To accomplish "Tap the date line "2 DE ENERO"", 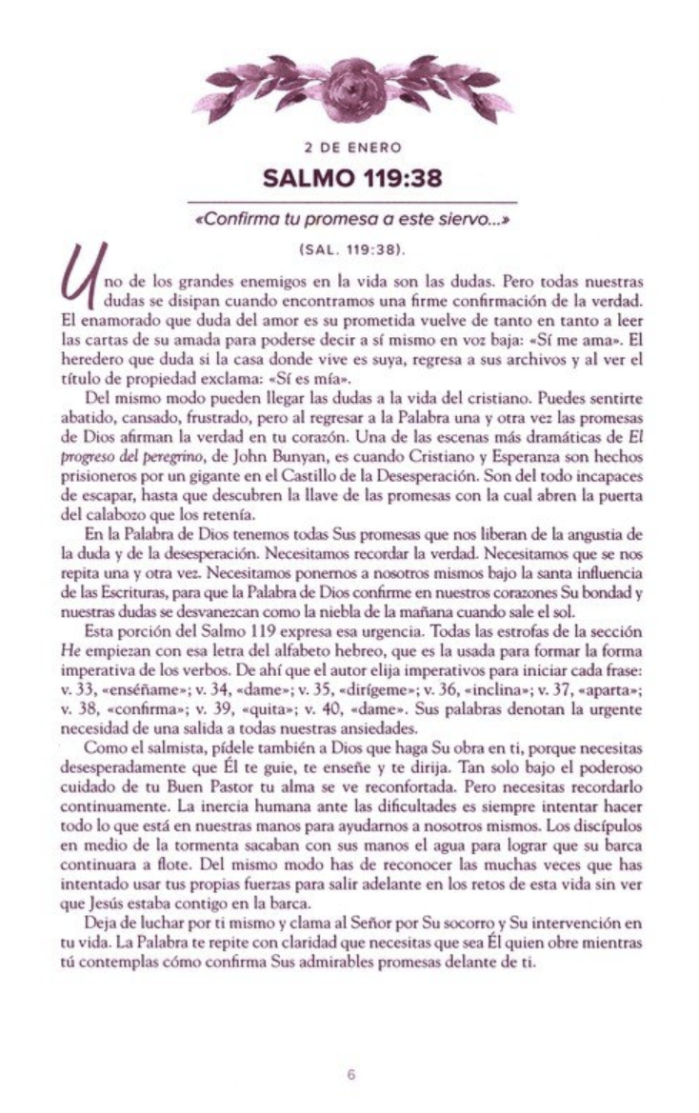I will click(349, 149).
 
